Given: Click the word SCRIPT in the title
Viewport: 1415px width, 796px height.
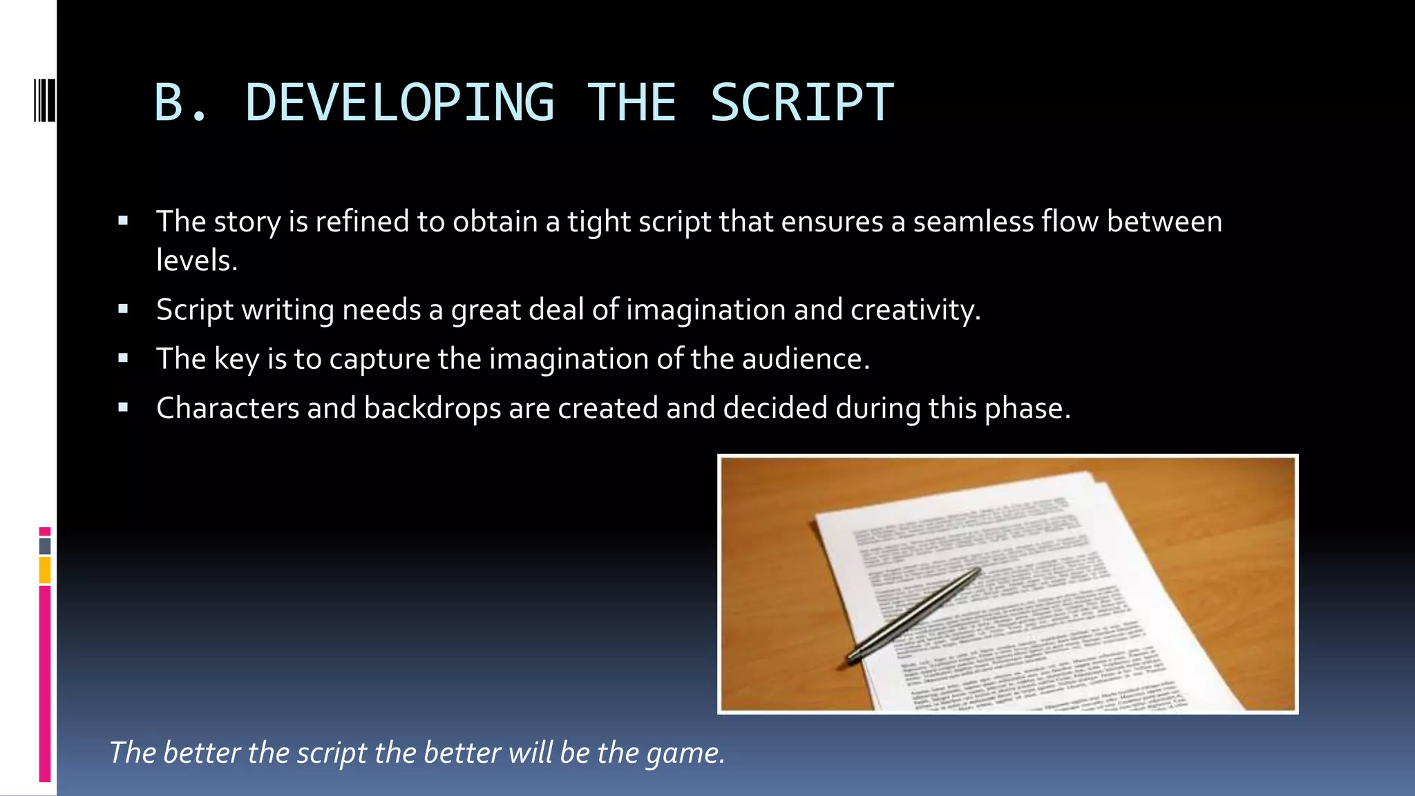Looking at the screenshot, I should (x=801, y=103).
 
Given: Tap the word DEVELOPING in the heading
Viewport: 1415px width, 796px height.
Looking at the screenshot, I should (x=399, y=103).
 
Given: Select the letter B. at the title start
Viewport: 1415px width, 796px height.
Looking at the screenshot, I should (x=180, y=103).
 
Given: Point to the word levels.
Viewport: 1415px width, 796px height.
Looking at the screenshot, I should (x=197, y=260).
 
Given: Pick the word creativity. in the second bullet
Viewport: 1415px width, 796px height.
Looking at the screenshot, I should (x=915, y=310).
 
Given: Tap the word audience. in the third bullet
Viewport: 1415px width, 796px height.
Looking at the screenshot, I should (x=806, y=359).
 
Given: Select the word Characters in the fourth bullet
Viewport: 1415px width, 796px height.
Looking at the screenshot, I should (x=227, y=408).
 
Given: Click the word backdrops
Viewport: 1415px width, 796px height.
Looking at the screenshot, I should (x=433, y=408).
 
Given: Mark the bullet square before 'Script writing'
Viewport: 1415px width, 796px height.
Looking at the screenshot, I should (x=123, y=310).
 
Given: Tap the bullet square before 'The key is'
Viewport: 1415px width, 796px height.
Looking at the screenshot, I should (x=123, y=359).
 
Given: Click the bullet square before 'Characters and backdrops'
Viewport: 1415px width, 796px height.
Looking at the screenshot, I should (x=123, y=408).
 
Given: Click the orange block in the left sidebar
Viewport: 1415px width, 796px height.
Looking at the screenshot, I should (x=45, y=570).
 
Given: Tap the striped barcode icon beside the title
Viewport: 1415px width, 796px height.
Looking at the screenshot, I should (x=44, y=100).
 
